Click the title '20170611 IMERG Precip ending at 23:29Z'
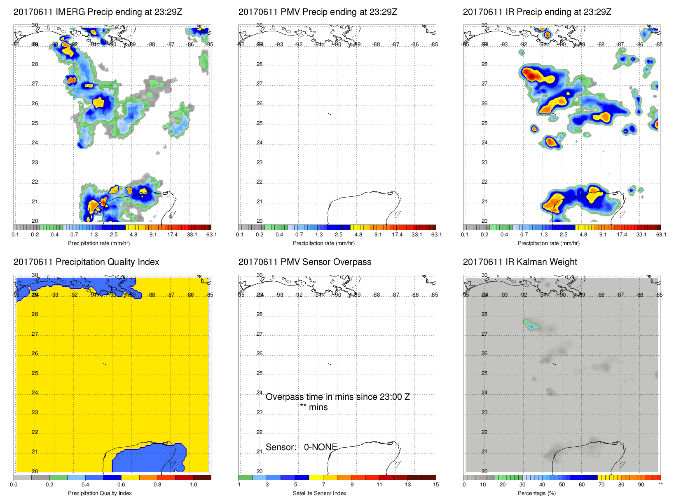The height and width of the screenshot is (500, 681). pyautogui.click(x=98, y=12)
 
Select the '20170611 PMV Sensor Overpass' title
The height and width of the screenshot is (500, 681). pyautogui.click(x=304, y=262)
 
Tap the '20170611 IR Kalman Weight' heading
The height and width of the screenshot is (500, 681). pyautogui.click(x=520, y=262)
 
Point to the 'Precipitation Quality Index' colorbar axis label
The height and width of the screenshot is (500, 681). pyautogui.click(x=100, y=493)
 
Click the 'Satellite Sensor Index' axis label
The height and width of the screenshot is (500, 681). pyautogui.click(x=319, y=493)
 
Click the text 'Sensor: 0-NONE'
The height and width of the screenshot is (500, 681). pyautogui.click(x=301, y=447)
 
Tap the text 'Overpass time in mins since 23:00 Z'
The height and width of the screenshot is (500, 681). pyautogui.click(x=337, y=397)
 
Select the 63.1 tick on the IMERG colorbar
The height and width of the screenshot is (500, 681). pyautogui.click(x=211, y=235)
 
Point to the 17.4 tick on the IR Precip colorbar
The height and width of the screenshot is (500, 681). pyautogui.click(x=622, y=235)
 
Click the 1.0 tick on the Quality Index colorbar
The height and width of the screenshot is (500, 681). pyautogui.click(x=193, y=485)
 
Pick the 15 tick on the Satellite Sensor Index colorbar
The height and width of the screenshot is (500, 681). pyautogui.click(x=435, y=485)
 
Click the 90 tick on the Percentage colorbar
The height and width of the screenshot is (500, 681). pyautogui.click(x=641, y=485)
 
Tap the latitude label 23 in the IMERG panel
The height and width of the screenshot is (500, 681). pyautogui.click(x=35, y=163)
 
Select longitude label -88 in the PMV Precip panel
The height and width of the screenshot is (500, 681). pyautogui.click(x=376, y=45)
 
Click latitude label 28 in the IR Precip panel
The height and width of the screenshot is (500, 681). pyautogui.click(x=484, y=64)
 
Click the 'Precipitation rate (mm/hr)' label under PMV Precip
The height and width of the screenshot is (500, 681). pyautogui.click(x=323, y=243)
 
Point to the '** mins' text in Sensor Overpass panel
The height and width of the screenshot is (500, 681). pyautogui.click(x=314, y=407)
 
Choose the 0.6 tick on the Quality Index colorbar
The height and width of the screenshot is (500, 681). pyautogui.click(x=121, y=485)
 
